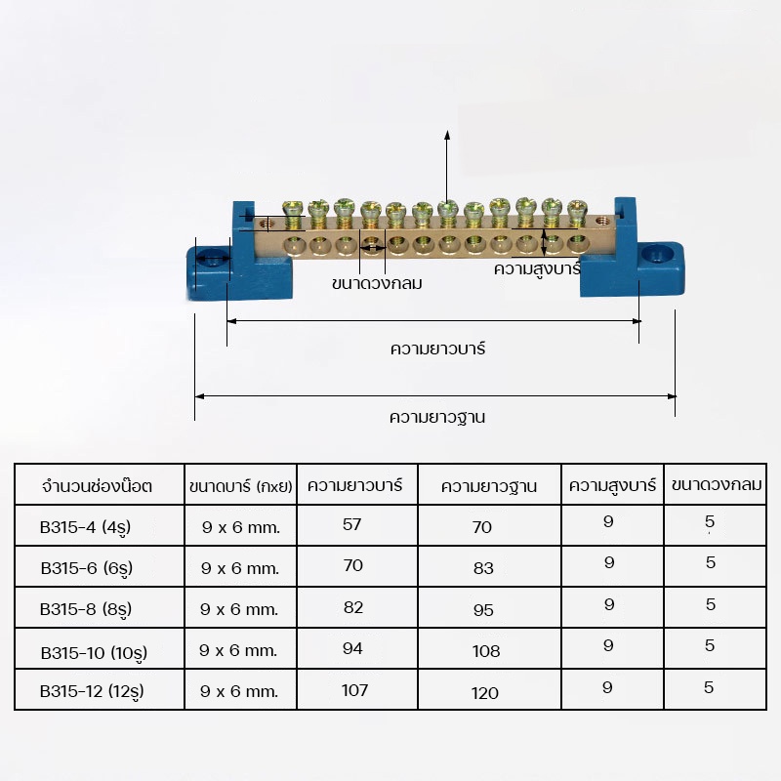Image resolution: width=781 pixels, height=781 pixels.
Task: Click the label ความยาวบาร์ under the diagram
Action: (x=437, y=349)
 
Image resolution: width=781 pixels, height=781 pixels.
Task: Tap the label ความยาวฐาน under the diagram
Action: (x=437, y=417)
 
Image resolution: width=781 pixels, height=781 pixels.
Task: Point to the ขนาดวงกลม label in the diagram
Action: (x=377, y=285)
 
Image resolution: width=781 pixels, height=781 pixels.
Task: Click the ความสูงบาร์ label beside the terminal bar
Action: (x=537, y=267)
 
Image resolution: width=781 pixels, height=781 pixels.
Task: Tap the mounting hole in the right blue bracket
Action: (x=657, y=254)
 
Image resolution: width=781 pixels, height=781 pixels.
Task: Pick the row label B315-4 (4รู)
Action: (x=86, y=527)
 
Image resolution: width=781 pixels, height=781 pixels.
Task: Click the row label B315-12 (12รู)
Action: (x=97, y=692)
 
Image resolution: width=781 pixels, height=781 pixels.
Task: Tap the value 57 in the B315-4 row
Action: (x=352, y=524)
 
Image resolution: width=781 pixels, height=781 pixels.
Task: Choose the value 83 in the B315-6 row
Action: (x=483, y=568)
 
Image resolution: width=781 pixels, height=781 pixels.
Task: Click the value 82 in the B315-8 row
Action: (x=353, y=607)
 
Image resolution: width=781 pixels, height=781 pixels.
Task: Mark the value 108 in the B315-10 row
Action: (x=485, y=651)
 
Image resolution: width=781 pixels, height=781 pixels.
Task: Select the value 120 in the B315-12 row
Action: (x=484, y=693)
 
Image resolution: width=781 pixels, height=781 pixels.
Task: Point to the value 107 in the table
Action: (x=354, y=690)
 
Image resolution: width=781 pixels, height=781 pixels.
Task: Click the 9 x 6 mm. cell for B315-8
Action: (x=240, y=609)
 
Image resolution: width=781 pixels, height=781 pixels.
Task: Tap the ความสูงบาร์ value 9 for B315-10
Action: (x=609, y=645)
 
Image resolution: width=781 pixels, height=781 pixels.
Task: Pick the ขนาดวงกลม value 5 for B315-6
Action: (x=711, y=562)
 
